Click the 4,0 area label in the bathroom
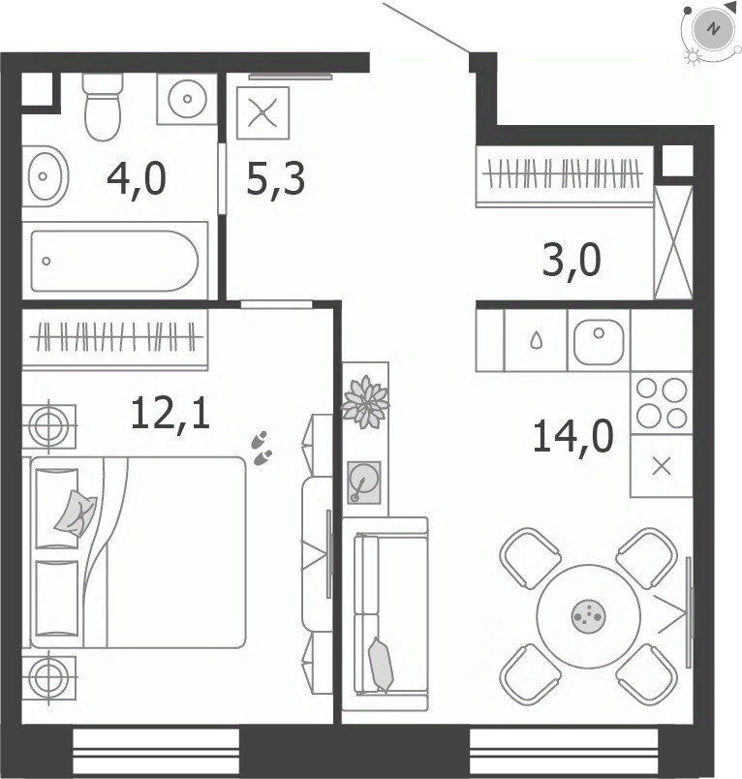[136, 179]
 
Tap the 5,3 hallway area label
[276, 179]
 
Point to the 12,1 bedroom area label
[170, 414]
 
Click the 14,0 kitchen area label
[572, 436]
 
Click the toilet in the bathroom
[103, 107]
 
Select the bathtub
[114, 261]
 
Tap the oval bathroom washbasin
[46, 176]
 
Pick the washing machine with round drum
[187, 99]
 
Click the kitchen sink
[599, 341]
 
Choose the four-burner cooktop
[662, 403]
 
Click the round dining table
[588, 615]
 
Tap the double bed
[138, 552]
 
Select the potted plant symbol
[366, 401]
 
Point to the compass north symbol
[714, 28]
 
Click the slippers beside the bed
[262, 449]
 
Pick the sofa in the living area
[386, 614]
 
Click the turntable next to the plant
[364, 483]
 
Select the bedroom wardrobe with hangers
[114, 338]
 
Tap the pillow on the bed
[76, 514]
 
